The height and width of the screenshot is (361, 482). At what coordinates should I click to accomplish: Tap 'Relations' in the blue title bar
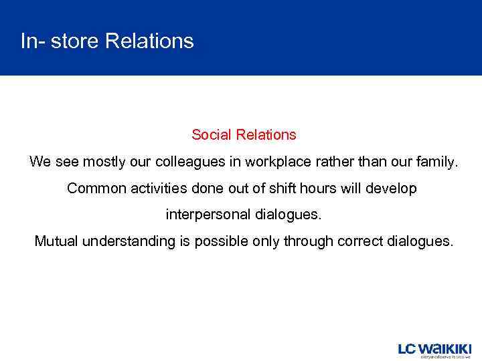(149, 41)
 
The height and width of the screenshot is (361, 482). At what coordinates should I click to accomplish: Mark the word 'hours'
(318, 189)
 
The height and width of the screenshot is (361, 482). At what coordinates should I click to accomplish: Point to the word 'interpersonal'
(208, 215)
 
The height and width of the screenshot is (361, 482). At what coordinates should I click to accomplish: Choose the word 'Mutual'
(56, 241)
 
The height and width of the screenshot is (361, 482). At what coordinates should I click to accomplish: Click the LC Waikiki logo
(434, 350)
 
